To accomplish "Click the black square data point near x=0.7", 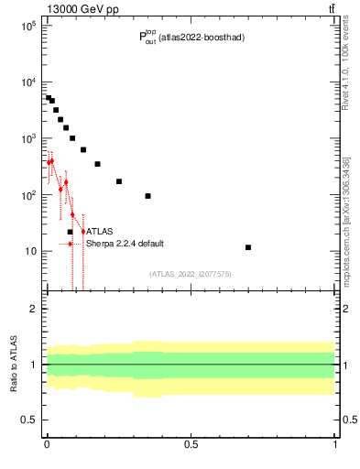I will coord(248,247).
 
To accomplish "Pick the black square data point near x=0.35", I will coord(147,196).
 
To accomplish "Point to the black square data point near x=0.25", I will coord(119,181).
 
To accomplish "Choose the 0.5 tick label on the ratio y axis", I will coord(30,420).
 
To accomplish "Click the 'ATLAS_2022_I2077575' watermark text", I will coord(190,273).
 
